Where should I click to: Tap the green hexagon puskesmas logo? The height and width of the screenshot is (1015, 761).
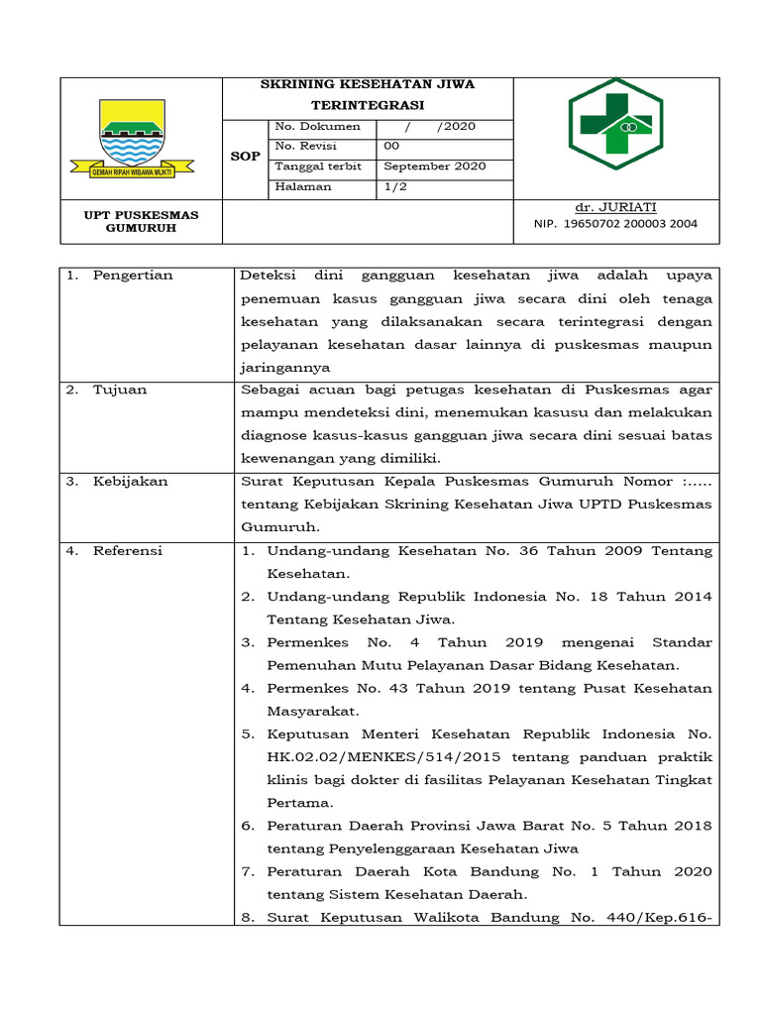[615, 124]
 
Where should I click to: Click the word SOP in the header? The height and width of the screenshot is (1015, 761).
[246, 157]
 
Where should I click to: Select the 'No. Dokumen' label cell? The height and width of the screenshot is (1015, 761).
[317, 127]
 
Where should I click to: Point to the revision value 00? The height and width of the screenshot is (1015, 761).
[391, 147]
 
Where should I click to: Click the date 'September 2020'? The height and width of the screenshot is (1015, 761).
[435, 167]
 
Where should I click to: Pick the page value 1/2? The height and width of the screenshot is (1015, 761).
[394, 186]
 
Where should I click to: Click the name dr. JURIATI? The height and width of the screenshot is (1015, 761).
[615, 207]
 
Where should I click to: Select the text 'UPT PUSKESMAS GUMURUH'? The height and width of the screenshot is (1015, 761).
[140, 221]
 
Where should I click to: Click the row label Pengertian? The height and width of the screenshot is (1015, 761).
[133, 276]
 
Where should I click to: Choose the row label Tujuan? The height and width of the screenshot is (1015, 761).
[120, 390]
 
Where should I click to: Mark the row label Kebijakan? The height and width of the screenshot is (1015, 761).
[131, 482]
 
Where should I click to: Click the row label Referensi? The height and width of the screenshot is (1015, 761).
[128, 551]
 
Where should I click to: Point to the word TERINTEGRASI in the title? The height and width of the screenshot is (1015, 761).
[368, 104]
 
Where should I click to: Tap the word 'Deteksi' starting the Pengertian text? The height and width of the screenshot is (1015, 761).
[267, 276]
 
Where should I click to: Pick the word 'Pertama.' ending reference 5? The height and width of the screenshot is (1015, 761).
[300, 803]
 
